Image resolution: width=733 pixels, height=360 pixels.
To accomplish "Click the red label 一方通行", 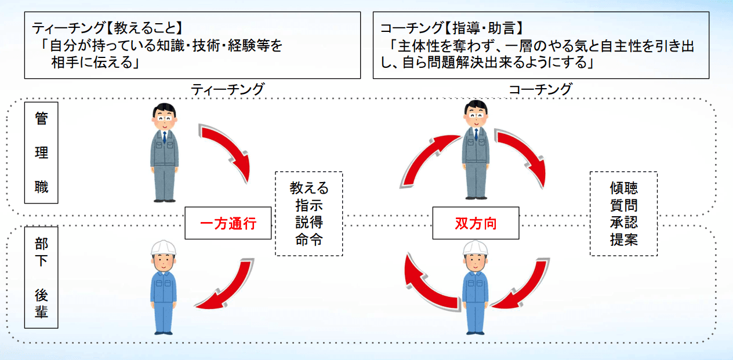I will click(x=228, y=223).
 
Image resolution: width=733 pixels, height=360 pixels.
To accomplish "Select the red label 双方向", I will click(x=476, y=223).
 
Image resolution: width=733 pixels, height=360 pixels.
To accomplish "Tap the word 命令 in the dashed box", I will click(x=309, y=240).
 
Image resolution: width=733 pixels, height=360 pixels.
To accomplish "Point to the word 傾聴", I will click(x=623, y=188).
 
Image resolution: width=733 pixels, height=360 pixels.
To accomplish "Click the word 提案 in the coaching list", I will click(x=623, y=240).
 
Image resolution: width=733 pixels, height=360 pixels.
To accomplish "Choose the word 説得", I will click(x=309, y=223).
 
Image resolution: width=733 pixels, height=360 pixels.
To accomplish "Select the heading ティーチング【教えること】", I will click(x=108, y=27).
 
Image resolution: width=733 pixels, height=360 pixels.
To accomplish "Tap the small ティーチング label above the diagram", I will click(x=227, y=90).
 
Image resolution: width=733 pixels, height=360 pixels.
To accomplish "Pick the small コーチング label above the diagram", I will click(x=540, y=90).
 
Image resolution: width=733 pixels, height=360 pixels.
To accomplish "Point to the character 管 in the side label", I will click(x=41, y=120).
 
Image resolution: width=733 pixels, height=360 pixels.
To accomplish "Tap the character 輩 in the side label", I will click(x=41, y=313).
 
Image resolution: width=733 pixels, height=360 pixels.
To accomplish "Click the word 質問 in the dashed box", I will click(x=623, y=205).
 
